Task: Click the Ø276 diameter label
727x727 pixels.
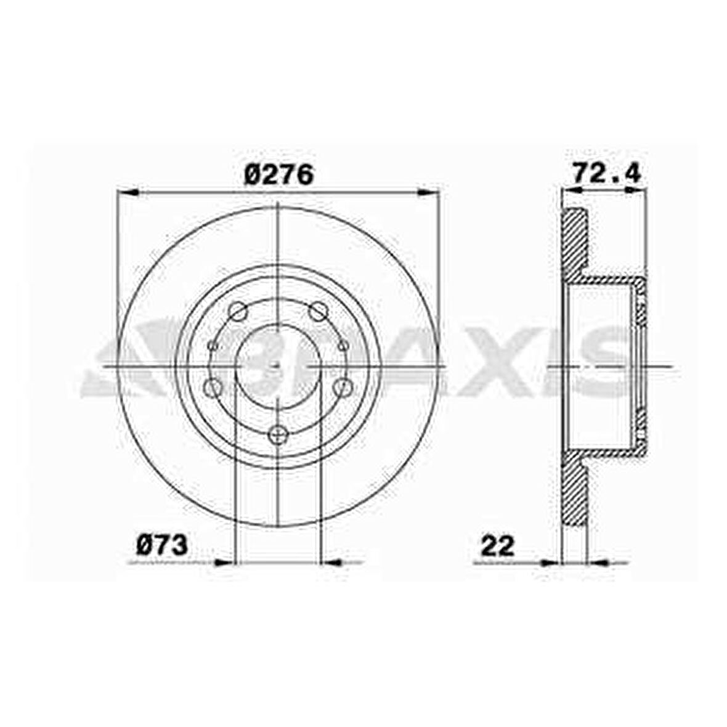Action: pos(279,174)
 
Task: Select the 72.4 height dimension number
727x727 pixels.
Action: pos(606,173)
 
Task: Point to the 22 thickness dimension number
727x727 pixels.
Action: pos(498,546)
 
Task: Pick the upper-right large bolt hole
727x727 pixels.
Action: pos(318,311)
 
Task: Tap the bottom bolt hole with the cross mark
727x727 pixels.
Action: pos(278,434)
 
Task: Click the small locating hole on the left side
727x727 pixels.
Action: pos(213,346)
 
